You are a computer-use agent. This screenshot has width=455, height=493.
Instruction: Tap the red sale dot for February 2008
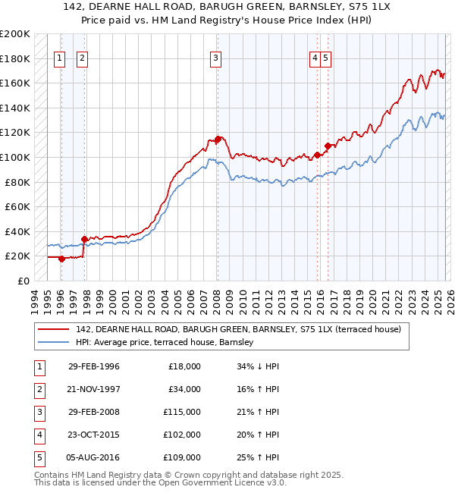tap(218, 139)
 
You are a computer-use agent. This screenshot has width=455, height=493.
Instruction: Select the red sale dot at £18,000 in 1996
tap(61, 259)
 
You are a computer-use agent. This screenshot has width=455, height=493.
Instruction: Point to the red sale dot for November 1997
tap(84, 239)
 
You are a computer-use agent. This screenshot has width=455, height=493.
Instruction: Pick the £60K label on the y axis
tap(17, 206)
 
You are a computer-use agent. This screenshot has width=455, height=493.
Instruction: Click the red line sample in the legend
tap(55, 329)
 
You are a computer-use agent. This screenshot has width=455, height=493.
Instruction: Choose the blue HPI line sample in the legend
tap(55, 343)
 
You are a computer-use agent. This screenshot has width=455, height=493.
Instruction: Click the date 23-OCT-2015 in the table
tap(93, 435)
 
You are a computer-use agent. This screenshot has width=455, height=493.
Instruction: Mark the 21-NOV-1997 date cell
tap(93, 389)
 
